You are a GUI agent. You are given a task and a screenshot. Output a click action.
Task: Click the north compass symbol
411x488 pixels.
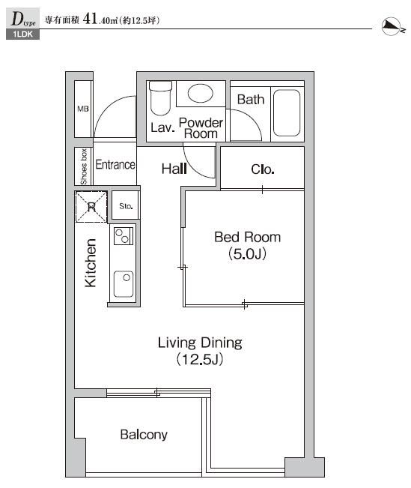click(x=393, y=26)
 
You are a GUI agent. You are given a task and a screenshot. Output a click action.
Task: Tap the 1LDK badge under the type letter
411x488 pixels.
click(x=22, y=34)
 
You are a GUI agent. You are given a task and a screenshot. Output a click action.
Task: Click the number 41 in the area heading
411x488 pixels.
click(x=90, y=19)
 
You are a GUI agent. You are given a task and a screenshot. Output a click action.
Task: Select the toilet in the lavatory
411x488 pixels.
click(x=160, y=97)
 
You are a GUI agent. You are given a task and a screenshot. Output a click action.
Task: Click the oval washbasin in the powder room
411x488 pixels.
click(x=200, y=93)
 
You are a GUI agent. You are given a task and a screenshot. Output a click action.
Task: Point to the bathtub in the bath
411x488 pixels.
click(x=287, y=112)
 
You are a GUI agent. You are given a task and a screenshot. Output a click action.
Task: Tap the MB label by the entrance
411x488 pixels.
click(x=83, y=109)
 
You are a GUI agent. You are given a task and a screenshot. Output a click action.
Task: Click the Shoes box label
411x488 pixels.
click(x=83, y=166)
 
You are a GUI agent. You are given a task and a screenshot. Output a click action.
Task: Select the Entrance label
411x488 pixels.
click(x=115, y=165)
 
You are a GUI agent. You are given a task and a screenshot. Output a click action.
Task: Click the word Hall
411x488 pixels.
click(x=174, y=169)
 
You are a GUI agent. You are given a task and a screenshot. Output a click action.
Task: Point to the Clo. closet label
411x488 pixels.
click(x=263, y=169)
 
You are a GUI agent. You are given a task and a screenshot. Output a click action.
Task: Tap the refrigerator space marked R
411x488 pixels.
click(x=91, y=207)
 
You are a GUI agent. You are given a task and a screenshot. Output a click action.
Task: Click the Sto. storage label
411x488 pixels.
click(x=126, y=206)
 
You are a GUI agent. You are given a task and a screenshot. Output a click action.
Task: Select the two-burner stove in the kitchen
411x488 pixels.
click(x=124, y=236)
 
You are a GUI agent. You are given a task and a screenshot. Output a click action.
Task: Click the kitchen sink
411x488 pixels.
click(x=124, y=284)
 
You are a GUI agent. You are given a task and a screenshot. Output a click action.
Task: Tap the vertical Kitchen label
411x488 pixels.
click(x=91, y=263)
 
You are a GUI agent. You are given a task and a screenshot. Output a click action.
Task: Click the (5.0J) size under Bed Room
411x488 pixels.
click(x=248, y=254)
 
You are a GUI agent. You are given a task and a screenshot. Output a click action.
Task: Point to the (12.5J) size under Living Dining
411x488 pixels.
click(x=200, y=359)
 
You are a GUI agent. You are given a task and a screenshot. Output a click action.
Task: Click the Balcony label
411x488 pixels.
click(x=144, y=435)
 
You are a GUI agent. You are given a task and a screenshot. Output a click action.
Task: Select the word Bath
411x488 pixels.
click(x=251, y=100)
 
